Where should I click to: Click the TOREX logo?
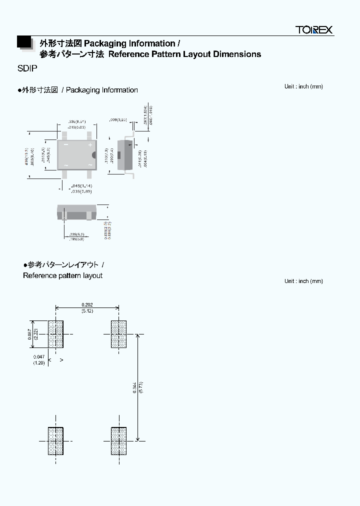(314, 30)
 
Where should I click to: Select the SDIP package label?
(27, 70)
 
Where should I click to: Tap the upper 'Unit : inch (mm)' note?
(303, 86)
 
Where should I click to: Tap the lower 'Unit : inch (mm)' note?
(303, 281)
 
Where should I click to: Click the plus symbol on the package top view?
(90, 144)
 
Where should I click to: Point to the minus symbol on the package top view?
(65, 144)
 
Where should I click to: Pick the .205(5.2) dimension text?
(77, 234)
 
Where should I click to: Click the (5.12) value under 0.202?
(87, 311)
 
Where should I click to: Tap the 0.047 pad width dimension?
(39, 356)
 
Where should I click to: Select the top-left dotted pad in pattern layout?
(55, 334)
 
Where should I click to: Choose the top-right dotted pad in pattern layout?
(118, 334)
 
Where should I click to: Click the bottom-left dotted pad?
(55, 441)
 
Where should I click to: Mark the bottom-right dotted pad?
(118, 441)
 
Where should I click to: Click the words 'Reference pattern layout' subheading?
(62, 275)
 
